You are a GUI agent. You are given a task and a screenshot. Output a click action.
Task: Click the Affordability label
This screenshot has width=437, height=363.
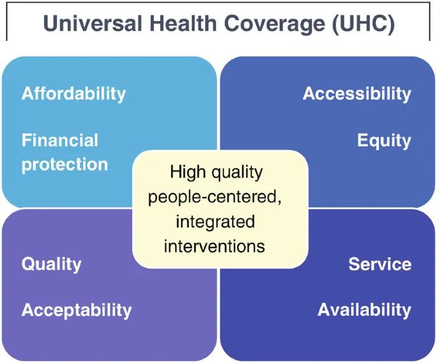click(74, 94)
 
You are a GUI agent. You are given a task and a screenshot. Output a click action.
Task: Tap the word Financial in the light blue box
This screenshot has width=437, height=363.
click(60, 141)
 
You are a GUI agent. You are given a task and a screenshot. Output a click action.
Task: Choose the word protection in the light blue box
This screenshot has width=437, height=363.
click(64, 164)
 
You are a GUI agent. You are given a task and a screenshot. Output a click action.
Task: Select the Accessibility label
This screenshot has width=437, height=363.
click(357, 94)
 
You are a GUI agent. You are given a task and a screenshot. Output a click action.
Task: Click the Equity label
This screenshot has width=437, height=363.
click(384, 141)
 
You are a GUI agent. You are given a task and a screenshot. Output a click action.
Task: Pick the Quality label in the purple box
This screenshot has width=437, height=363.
click(52, 265)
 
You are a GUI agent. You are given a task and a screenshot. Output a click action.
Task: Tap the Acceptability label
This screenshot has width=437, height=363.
click(77, 311)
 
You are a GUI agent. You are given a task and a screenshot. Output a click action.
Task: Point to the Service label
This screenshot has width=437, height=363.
click(380, 264)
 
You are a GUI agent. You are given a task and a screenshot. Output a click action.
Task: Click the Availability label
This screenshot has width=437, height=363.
click(364, 311)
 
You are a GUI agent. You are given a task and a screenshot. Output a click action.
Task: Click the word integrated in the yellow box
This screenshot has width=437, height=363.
click(214, 221)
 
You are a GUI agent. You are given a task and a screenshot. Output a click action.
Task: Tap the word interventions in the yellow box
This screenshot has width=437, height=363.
click(214, 245)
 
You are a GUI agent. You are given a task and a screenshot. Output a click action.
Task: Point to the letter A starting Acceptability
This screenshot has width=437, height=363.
click(27, 311)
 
